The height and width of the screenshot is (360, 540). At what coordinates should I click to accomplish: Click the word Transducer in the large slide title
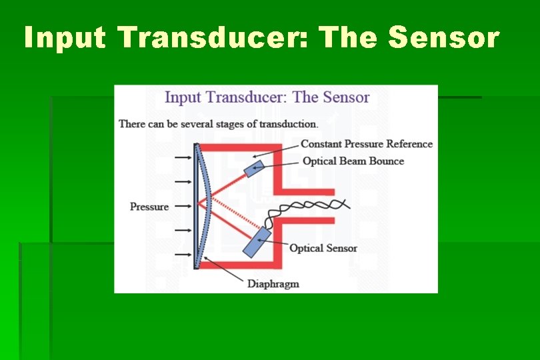point(213,38)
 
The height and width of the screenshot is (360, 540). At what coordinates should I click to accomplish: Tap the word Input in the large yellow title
point(65,38)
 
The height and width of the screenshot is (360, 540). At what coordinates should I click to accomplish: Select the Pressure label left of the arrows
point(149,207)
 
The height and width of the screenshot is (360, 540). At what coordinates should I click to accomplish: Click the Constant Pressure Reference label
point(366,144)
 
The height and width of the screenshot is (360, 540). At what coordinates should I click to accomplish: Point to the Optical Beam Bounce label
point(353,161)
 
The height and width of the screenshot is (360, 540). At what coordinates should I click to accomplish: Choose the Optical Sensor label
point(323,248)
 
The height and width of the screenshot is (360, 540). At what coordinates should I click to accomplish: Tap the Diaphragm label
point(273,284)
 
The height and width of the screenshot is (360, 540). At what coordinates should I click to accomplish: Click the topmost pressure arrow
point(181,157)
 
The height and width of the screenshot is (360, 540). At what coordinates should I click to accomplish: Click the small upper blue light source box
point(254,168)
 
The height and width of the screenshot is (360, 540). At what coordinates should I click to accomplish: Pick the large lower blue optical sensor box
point(256,241)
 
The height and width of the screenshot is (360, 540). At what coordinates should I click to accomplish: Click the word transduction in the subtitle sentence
point(288,124)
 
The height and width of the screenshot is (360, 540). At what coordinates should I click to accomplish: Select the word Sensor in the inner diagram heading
point(345,97)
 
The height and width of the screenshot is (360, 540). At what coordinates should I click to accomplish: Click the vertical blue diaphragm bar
point(196,207)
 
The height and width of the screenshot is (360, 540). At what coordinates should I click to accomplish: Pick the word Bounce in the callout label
point(385,161)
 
